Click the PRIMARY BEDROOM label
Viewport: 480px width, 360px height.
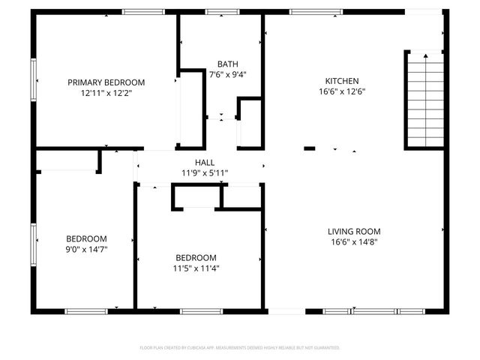(106, 82)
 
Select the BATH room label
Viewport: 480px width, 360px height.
(227, 64)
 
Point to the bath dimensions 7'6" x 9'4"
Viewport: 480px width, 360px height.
(227, 74)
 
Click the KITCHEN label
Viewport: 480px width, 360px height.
(341, 81)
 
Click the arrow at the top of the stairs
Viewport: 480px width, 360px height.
(425, 55)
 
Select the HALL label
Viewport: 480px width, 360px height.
(205, 162)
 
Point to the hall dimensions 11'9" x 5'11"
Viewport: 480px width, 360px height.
(205, 172)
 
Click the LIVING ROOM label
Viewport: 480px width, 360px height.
(354, 231)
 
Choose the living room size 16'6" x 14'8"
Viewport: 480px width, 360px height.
(354, 241)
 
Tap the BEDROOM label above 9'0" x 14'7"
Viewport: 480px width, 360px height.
(86, 238)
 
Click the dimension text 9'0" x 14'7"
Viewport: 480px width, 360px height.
(86, 249)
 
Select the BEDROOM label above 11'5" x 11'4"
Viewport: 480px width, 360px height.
(196, 256)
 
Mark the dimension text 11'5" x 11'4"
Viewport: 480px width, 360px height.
(196, 267)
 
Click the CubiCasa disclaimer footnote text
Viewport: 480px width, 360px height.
(240, 348)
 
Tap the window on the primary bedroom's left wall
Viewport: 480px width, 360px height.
(33, 78)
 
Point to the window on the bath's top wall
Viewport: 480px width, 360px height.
(217, 12)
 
